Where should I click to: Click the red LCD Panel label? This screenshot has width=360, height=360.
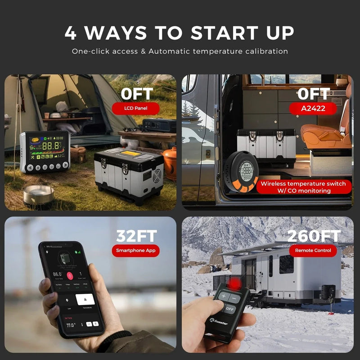coord(135,108)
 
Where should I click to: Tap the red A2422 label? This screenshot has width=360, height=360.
coord(314,108)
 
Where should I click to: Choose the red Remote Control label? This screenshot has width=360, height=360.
coord(313,250)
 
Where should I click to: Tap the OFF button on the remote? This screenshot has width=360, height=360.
coord(230,309)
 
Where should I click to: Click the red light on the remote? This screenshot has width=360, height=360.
coord(234,283)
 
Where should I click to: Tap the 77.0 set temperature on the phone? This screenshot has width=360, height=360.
coord(70,324)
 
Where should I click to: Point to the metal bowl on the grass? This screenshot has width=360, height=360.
coord(39,194)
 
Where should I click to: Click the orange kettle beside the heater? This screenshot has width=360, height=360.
coord(170,162)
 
